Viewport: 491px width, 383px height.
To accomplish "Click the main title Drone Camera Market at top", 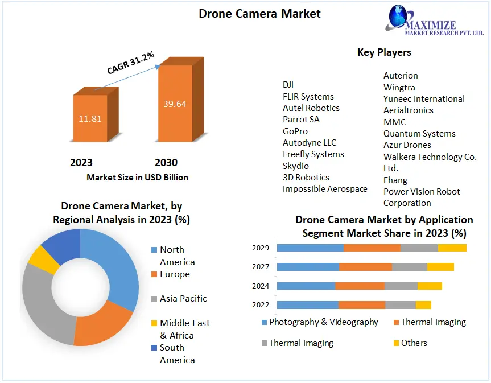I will click(x=259, y=13).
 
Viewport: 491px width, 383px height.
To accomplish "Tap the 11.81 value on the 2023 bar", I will click(x=89, y=119).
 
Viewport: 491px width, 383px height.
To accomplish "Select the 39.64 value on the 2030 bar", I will click(x=175, y=104).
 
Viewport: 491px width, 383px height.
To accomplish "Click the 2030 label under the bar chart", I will click(x=166, y=163).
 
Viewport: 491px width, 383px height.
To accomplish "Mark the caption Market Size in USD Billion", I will click(x=137, y=177).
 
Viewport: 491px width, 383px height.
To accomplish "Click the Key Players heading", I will click(x=384, y=52).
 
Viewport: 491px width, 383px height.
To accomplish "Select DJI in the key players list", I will click(x=288, y=85).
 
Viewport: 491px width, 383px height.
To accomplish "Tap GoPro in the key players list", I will click(x=295, y=131).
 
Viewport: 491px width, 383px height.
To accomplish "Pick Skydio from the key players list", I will click(x=296, y=166).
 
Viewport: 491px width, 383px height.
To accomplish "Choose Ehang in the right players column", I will click(x=395, y=180).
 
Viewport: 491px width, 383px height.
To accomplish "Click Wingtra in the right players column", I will click(x=399, y=87).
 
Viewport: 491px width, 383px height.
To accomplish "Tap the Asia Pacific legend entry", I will click(x=183, y=298).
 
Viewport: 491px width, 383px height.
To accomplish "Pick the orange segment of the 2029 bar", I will click(x=372, y=248).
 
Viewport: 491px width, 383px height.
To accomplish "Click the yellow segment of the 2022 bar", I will click(x=423, y=305).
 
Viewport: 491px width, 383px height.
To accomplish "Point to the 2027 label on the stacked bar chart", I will click(x=261, y=267).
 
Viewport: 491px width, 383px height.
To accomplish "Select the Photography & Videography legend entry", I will click(x=323, y=322).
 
